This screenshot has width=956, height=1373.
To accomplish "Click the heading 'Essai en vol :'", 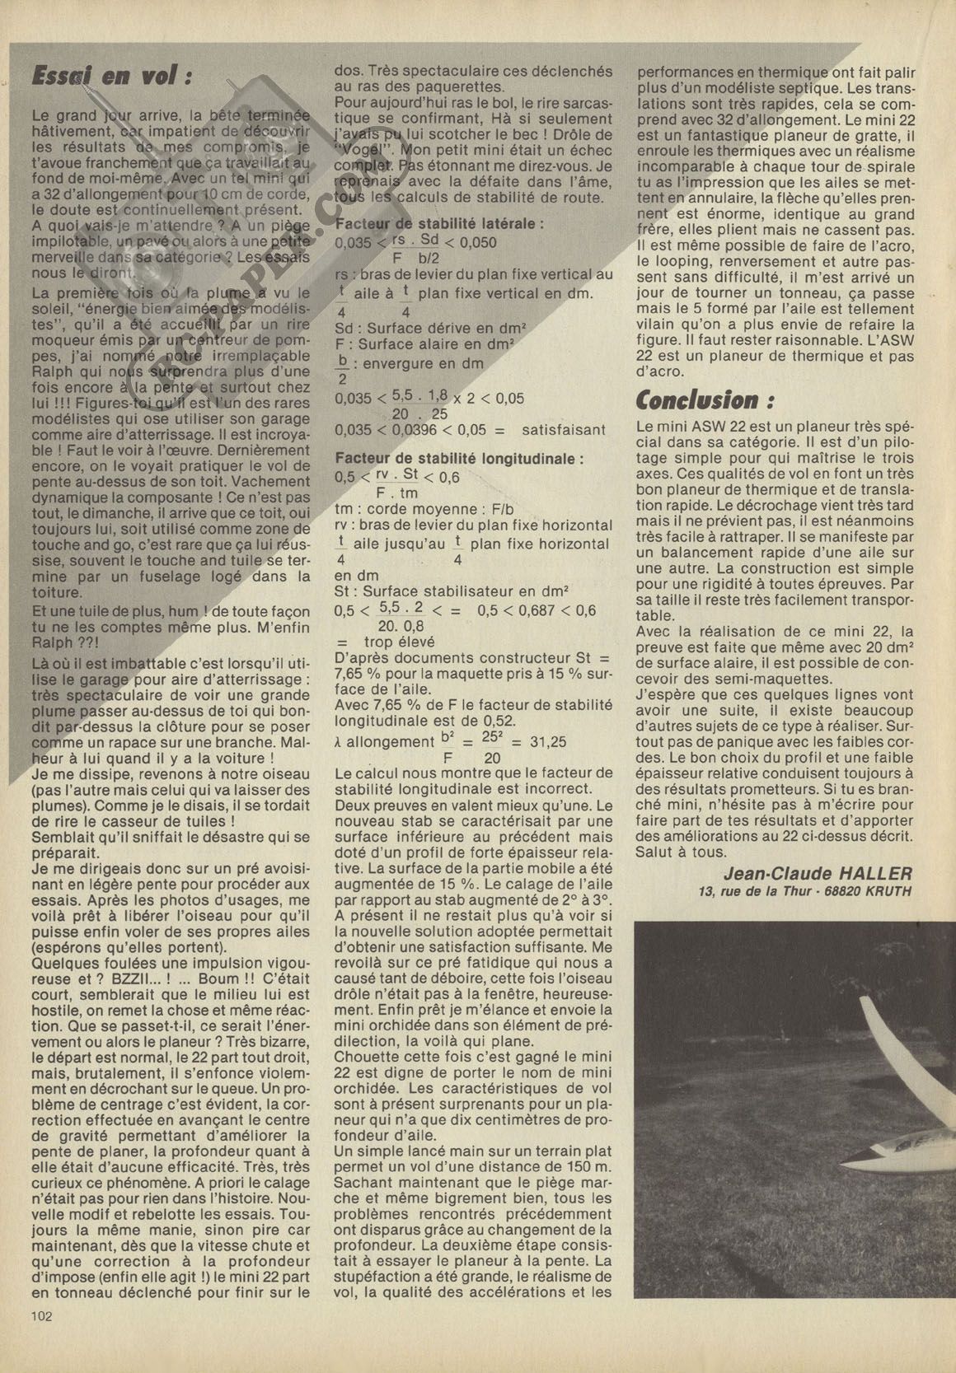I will (x=110, y=76).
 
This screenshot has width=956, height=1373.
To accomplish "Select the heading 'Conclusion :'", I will (x=706, y=401).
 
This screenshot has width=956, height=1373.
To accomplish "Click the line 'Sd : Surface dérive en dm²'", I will (x=425, y=326).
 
